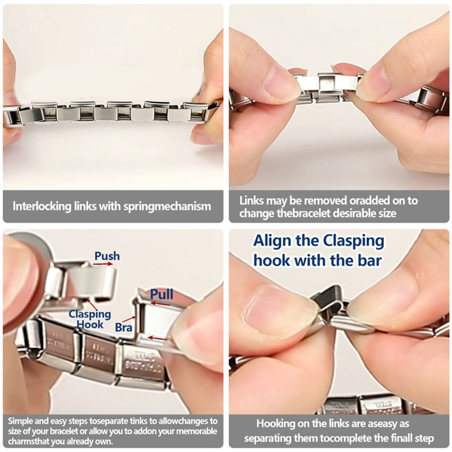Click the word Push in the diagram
point(107,256)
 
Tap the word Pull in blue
point(161,294)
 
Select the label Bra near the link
point(123,327)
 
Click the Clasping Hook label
point(90,319)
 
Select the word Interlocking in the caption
point(42,206)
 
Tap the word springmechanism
point(167,207)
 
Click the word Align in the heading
point(272,241)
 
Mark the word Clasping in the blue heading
point(353,241)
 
